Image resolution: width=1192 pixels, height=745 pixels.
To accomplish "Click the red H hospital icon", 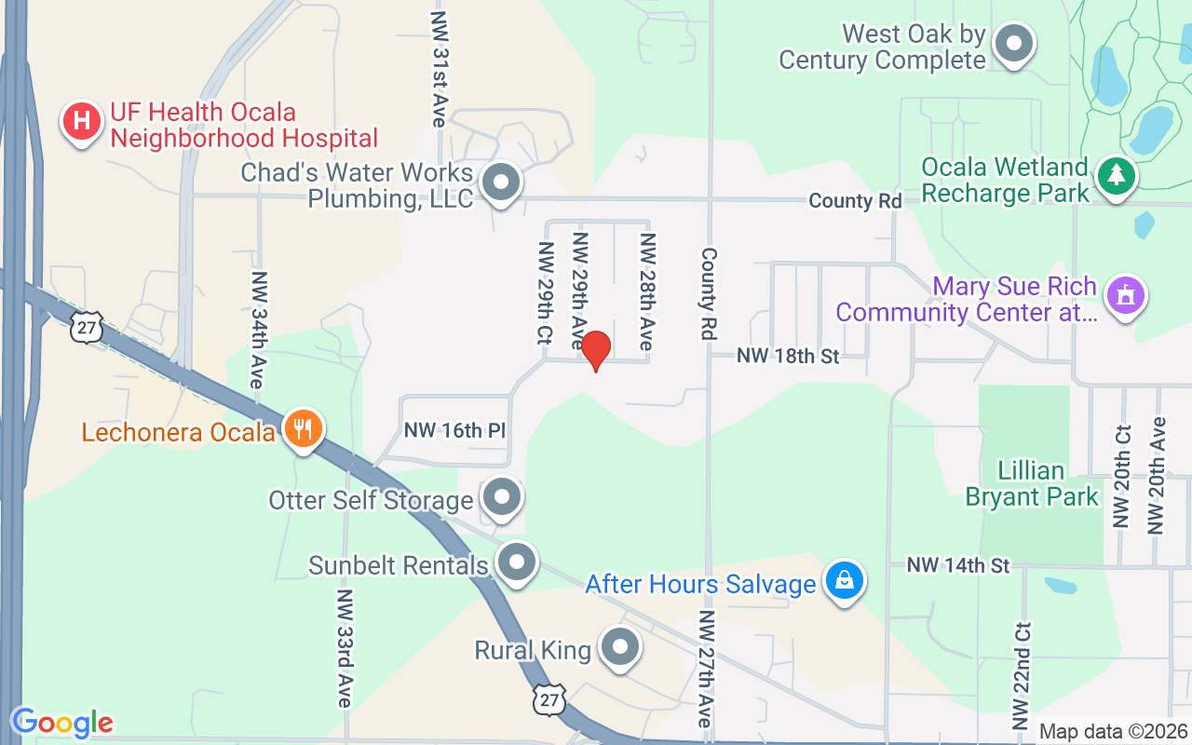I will [82, 121].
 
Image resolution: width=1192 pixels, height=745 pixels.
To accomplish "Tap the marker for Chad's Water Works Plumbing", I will [502, 183].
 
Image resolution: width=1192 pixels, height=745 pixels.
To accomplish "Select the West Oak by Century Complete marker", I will [1014, 44].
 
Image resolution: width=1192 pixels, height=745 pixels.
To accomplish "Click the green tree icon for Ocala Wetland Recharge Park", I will [1115, 176].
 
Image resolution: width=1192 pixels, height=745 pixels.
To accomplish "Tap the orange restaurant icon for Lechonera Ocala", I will [303, 429].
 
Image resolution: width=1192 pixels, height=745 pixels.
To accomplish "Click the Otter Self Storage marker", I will [503, 497].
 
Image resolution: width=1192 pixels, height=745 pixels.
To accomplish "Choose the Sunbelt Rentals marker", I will [516, 562].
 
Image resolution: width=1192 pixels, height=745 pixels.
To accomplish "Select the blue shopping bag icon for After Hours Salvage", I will [844, 581].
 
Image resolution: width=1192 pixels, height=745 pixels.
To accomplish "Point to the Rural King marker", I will [618, 647].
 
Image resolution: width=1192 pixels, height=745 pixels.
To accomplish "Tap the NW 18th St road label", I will [788, 355].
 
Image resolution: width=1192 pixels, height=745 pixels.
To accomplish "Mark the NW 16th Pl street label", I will [454, 431].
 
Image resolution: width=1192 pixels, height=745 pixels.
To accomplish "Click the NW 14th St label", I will [958, 565].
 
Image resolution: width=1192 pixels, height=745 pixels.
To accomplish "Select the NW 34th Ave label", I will [258, 331].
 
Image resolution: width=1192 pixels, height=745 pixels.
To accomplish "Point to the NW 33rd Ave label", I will [345, 648].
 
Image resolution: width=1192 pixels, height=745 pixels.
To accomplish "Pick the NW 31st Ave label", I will [439, 69].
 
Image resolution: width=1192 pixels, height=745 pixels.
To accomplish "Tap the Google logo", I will [62, 723].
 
